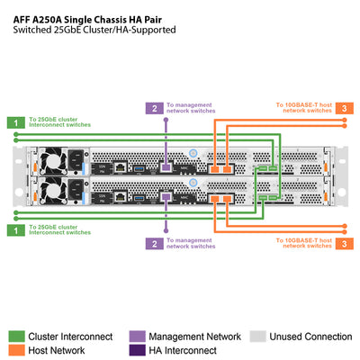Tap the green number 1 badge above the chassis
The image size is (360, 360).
(x=14, y=121)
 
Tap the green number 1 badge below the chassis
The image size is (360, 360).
(x=14, y=229)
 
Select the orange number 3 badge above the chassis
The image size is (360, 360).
(x=346, y=108)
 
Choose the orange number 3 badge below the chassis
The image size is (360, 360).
(x=346, y=243)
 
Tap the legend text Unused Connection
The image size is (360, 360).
(x=311, y=336)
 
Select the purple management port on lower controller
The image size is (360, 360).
(x=165, y=196)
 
